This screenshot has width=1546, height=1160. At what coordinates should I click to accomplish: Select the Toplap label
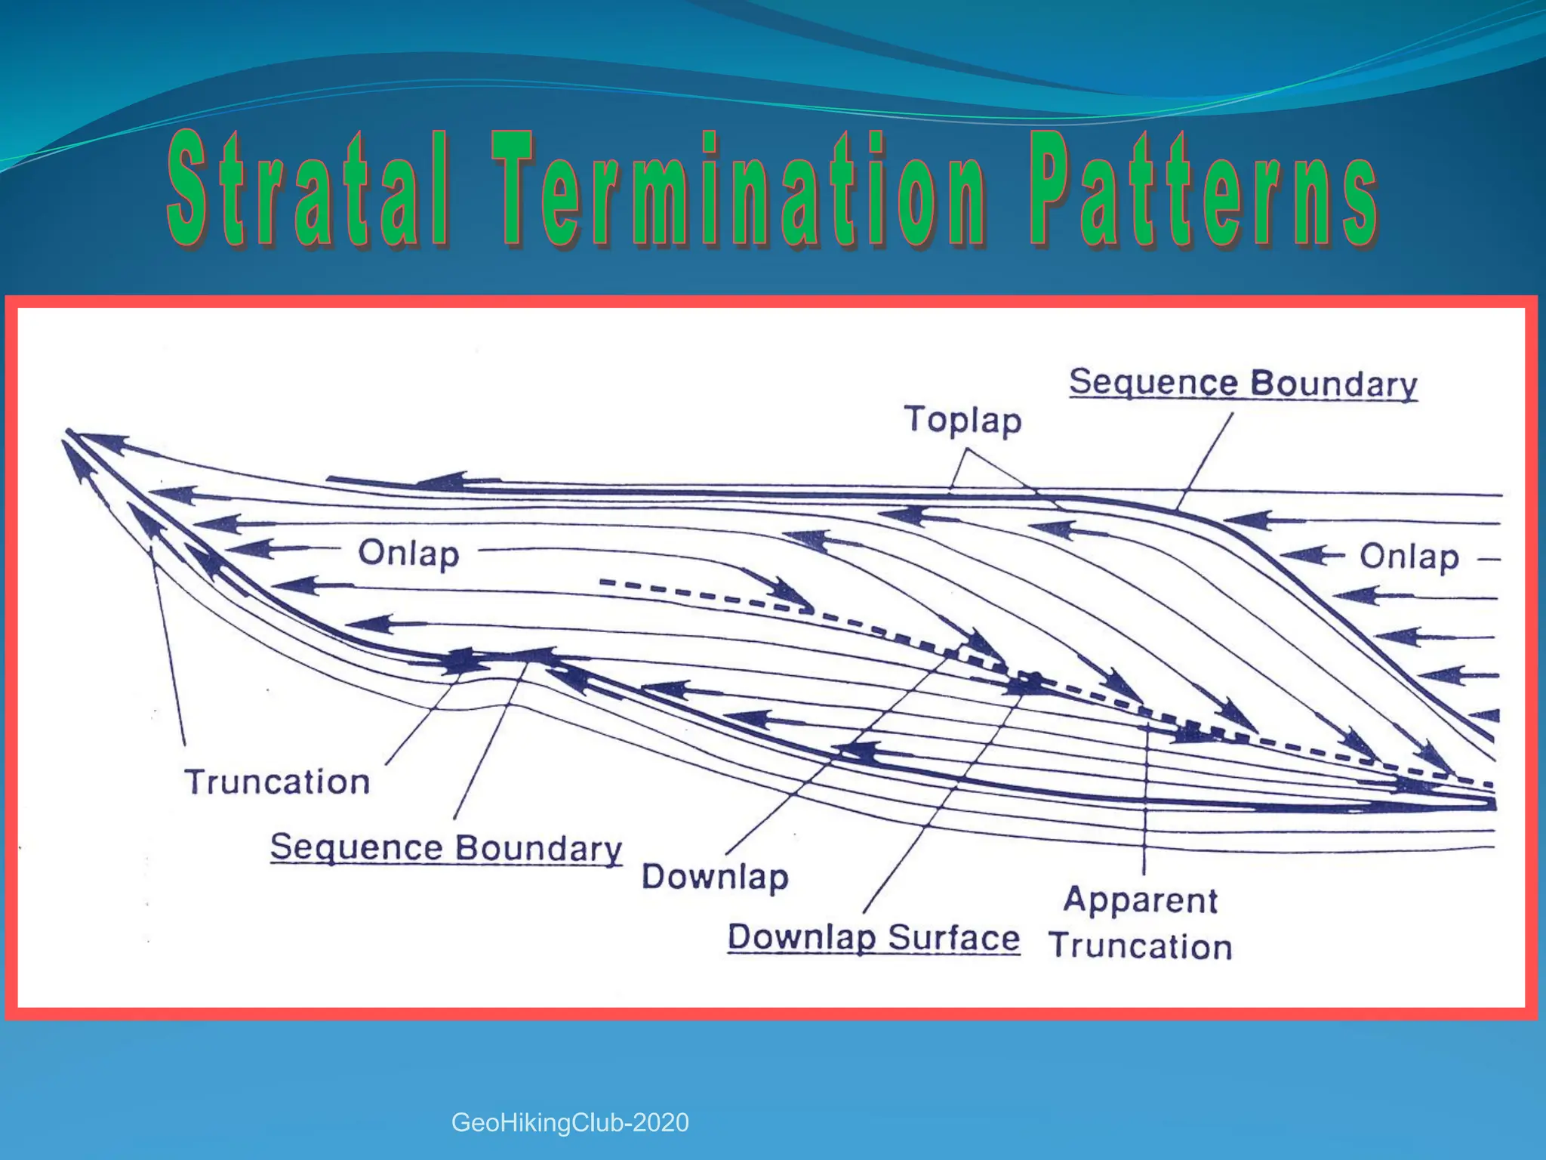click(962, 420)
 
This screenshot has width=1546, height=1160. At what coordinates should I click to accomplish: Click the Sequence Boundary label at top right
click(1243, 384)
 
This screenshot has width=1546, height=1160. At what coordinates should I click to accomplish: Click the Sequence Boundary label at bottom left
click(445, 848)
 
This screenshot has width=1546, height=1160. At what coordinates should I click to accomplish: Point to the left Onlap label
click(408, 554)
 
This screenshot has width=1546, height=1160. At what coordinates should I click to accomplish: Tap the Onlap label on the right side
click(1409, 557)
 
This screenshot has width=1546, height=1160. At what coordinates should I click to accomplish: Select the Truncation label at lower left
click(277, 782)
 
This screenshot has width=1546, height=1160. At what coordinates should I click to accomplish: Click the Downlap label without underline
click(715, 878)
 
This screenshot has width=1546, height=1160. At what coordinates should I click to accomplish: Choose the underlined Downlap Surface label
click(873, 938)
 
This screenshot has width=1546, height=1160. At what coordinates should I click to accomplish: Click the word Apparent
click(1140, 900)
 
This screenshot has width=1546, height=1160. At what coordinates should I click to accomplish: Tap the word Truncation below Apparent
click(1140, 947)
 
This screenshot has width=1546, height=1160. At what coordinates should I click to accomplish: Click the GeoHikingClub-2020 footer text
click(570, 1123)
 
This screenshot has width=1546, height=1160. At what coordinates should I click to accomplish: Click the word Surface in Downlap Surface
click(953, 938)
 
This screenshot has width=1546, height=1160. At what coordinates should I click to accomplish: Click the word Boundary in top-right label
click(1334, 384)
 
